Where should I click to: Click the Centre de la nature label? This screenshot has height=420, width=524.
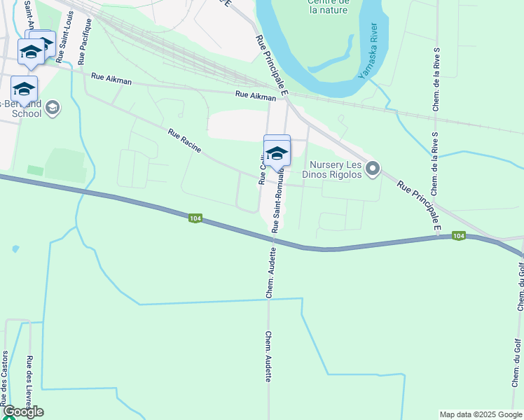tap(328, 6)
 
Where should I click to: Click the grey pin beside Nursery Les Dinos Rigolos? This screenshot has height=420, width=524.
tap(373, 168)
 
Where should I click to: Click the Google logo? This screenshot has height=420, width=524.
tap(22, 412)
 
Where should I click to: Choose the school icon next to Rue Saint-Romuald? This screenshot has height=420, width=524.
tap(277, 152)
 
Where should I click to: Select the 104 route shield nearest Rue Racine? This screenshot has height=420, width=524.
tap(195, 219)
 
